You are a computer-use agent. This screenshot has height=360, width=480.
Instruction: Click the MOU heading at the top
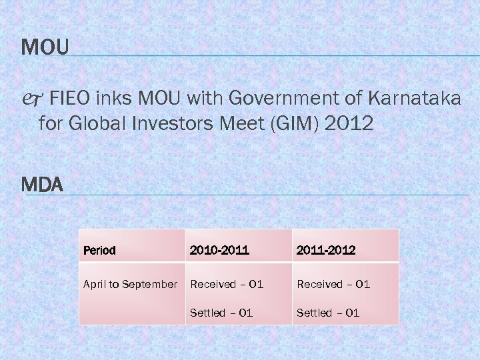45,47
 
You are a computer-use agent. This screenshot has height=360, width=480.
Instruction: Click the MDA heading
42,185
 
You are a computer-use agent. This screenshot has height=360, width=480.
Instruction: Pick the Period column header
99,251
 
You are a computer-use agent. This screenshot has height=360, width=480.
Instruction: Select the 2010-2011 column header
219,251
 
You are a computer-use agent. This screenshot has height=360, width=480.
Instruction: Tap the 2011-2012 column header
326,251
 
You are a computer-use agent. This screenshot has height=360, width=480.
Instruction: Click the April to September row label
130,285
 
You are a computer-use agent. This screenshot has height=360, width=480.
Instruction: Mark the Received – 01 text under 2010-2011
227,285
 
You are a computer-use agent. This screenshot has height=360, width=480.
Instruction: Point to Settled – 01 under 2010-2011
221,313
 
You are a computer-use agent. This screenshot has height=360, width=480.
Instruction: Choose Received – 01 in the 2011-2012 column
333,285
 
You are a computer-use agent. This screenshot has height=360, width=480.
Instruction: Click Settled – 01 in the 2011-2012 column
328,313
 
